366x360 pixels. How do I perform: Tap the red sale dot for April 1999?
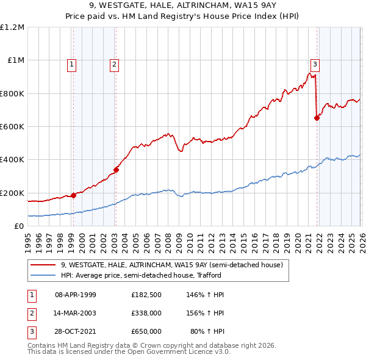click(73, 195)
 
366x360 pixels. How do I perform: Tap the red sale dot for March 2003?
click(116, 170)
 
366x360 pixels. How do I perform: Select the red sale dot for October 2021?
click(317, 118)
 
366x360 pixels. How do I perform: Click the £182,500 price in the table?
click(146, 295)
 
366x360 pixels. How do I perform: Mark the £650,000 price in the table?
click(146, 331)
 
